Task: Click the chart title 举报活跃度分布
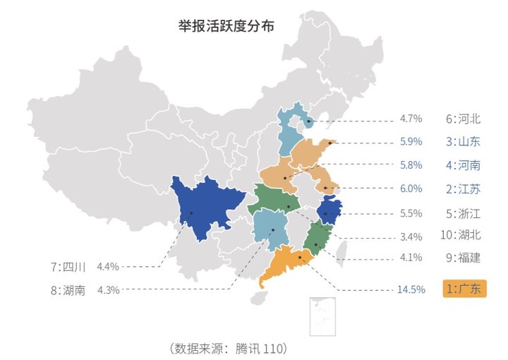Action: pos(226,26)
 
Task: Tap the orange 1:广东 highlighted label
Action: pos(464,289)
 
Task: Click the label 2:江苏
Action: pos(463,188)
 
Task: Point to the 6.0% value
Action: pos(411,188)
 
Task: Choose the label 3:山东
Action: pos(463,141)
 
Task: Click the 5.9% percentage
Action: pos(411,141)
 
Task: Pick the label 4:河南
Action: pos(463,165)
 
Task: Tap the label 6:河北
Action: pos(463,119)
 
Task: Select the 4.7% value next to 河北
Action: pos(411,119)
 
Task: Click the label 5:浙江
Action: pos(463,212)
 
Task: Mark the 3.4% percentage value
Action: pos(411,236)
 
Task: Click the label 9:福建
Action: pos(463,258)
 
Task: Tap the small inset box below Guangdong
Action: pos(322,316)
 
